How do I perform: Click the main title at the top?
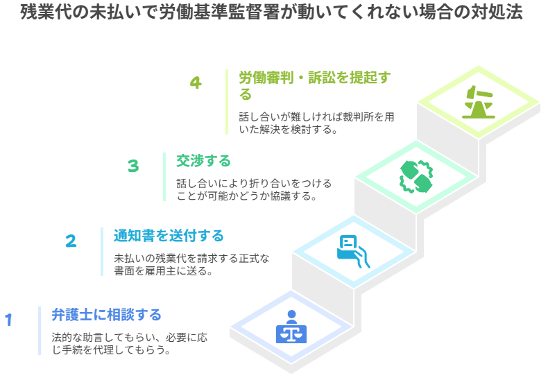pos(271,13)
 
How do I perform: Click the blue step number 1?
pos(9,320)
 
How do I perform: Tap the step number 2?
pos(71,241)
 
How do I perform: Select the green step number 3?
pos(133,166)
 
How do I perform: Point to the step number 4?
pos(196,83)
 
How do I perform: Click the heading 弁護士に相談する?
pos(106,316)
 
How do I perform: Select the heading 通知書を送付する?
pos(169,236)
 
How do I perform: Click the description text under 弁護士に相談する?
pos(128,343)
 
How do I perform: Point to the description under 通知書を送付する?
pos(191,264)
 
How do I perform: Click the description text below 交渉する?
pos(254,189)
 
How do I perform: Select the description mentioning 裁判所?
pos(316,123)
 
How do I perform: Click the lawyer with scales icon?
pos(291,327)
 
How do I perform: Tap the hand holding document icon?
pos(351,250)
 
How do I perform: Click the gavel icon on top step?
pos(477,102)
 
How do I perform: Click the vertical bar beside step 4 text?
pos(227,101)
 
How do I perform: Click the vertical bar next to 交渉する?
pos(164,176)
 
